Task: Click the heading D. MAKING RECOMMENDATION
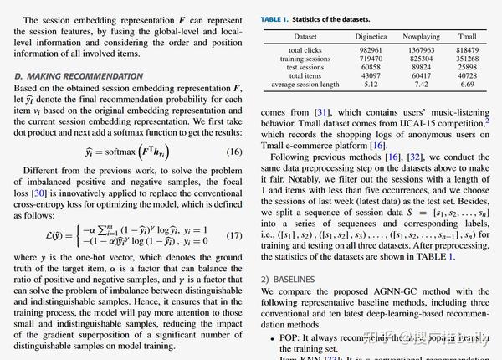(x=79, y=76)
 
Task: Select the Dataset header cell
(x=305, y=37)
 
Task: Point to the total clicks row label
(x=305, y=50)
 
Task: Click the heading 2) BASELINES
(x=289, y=277)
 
